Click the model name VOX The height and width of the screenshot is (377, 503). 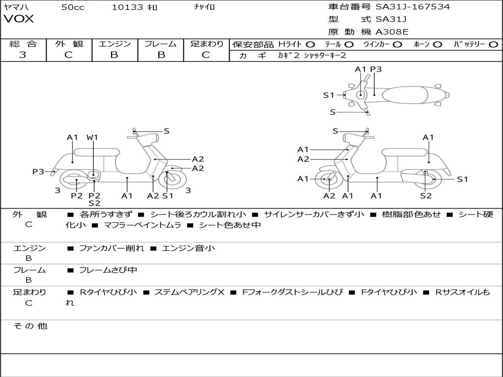coord(19,19)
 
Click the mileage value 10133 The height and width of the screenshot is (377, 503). coord(127,7)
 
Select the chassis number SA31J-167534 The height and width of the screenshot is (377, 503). coord(413,7)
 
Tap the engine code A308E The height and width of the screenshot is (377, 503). coord(391,32)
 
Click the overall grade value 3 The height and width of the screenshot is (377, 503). coord(23,55)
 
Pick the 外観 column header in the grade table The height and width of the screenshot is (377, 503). coord(69,44)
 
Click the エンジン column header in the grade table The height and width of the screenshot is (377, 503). coord(114,44)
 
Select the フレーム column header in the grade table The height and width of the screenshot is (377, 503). coord(160,44)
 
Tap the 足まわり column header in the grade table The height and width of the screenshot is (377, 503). coord(206,44)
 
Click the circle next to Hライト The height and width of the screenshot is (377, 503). coord(310,44)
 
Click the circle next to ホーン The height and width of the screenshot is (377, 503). coord(438,44)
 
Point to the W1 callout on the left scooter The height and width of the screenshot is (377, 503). coord(92,137)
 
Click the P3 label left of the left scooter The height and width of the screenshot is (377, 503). coord(38,171)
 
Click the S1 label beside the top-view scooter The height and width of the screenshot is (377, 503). coord(329,95)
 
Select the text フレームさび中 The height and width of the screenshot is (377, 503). coord(108,270)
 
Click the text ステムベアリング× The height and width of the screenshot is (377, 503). coord(190,292)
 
